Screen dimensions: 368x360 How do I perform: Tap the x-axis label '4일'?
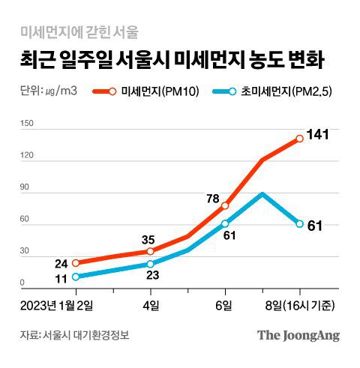coord(151,304)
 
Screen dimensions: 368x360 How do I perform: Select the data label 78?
coord(214,199)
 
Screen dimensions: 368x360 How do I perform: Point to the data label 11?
coord(61,279)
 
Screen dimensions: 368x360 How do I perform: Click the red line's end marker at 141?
coord(300,139)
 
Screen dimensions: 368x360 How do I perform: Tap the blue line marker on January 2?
coord(76,277)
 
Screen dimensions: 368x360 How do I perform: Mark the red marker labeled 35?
coord(151,251)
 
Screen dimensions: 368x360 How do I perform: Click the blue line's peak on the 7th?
coord(262,193)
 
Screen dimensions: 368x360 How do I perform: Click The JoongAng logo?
coord(298,335)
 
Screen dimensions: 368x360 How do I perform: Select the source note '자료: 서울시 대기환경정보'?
coord(79,335)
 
